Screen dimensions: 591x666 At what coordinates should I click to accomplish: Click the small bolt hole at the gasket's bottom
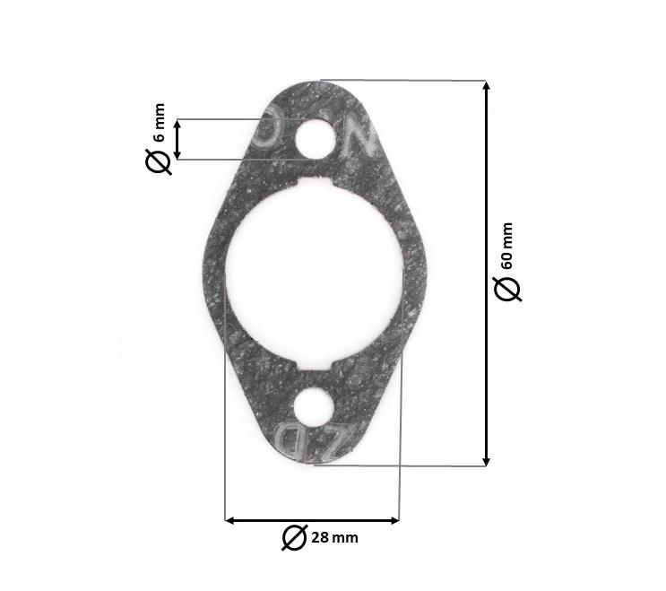coord(313,407)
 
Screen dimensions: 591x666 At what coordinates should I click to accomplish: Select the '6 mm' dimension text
coord(160,124)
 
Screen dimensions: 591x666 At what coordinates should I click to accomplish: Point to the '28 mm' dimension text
coord(334,538)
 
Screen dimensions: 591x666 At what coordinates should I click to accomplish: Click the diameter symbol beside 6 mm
coord(159,161)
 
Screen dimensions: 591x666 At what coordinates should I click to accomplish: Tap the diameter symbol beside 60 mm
coord(507,289)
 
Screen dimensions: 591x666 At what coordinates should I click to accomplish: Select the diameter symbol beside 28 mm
coord(294,537)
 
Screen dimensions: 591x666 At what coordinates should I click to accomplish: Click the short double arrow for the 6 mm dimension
coord(178,140)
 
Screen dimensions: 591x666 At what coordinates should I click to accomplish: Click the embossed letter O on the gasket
coord(268,133)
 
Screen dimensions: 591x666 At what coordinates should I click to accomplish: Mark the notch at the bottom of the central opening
coord(313,366)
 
